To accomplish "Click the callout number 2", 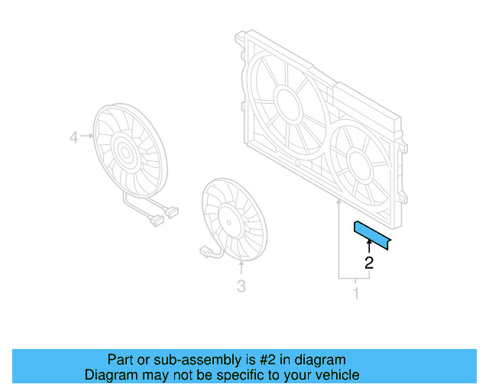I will [x=369, y=263].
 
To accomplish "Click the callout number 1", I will [x=355, y=292].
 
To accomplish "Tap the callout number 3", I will [x=241, y=286].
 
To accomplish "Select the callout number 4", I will [x=74, y=137].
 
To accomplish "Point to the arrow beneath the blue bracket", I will [x=369, y=246].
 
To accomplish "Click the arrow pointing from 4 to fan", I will [x=86, y=137].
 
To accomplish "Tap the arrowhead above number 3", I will [x=241, y=267].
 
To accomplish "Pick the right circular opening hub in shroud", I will [x=358, y=160].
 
